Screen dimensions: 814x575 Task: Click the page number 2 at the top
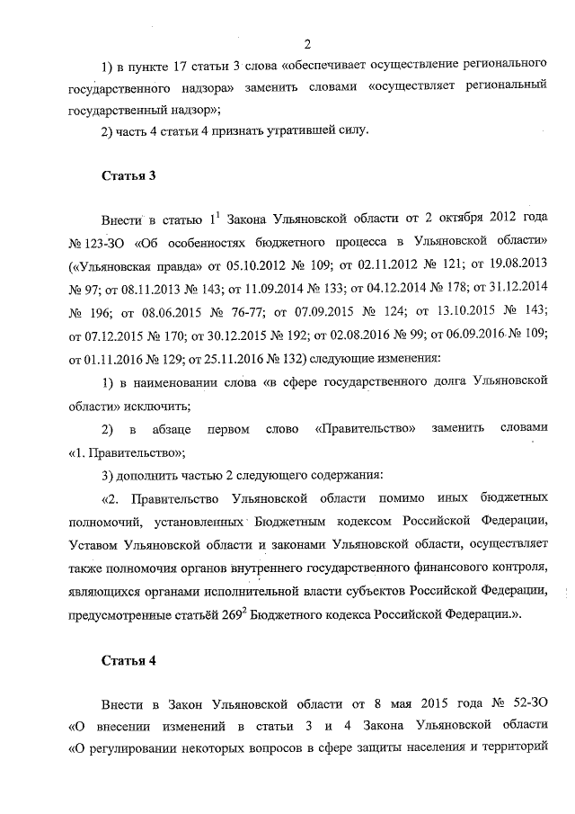(306, 44)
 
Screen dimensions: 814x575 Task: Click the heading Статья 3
(128, 175)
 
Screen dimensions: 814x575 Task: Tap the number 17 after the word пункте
(166, 66)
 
